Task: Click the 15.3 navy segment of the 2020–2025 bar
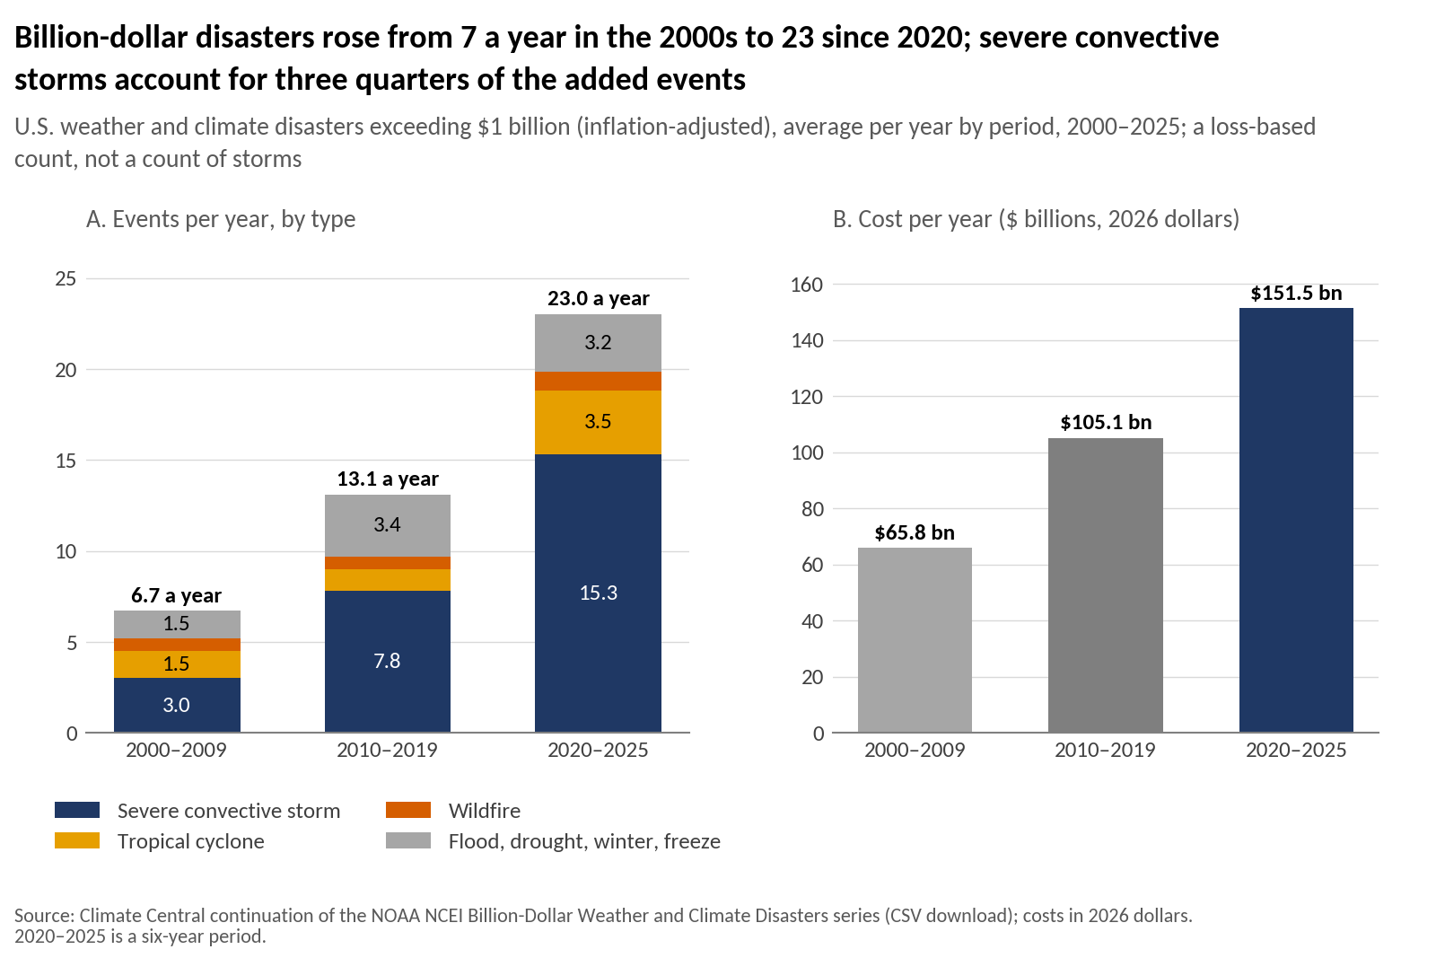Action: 598,593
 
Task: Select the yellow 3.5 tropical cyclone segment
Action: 598,422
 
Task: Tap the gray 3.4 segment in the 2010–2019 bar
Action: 387,525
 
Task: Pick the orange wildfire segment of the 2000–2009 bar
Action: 177,645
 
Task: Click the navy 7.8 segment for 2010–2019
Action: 387,661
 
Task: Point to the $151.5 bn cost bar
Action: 1296,520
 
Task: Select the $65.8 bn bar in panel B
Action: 915,640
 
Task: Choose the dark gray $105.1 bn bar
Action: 1105,584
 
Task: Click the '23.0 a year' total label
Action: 598,298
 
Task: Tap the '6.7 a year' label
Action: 176,595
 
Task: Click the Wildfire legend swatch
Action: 407,810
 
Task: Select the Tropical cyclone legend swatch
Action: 77,840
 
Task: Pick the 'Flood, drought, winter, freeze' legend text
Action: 584,840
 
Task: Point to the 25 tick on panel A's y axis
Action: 66,278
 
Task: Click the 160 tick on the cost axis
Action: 807,284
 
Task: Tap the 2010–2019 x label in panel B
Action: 1105,750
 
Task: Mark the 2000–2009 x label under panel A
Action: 176,750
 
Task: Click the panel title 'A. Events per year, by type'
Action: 221,219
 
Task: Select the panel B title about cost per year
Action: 1036,219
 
